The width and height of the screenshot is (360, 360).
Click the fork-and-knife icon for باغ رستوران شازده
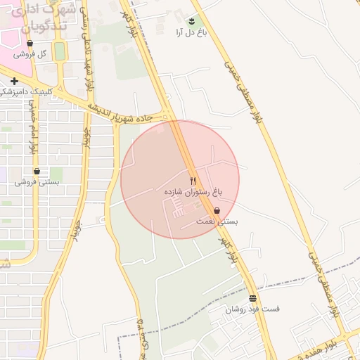(193, 181)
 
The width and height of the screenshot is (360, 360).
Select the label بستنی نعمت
(217, 221)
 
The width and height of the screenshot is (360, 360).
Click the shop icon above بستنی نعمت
(217, 210)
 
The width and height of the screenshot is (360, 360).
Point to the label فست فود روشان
(252, 309)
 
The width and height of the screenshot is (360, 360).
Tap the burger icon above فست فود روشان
(252, 298)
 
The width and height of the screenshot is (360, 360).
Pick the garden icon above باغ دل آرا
(193, 20)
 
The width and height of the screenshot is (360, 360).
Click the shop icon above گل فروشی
(30, 43)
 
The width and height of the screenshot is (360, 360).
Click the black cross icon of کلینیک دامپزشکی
(14, 81)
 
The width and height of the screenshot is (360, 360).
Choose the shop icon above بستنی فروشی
(37, 171)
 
